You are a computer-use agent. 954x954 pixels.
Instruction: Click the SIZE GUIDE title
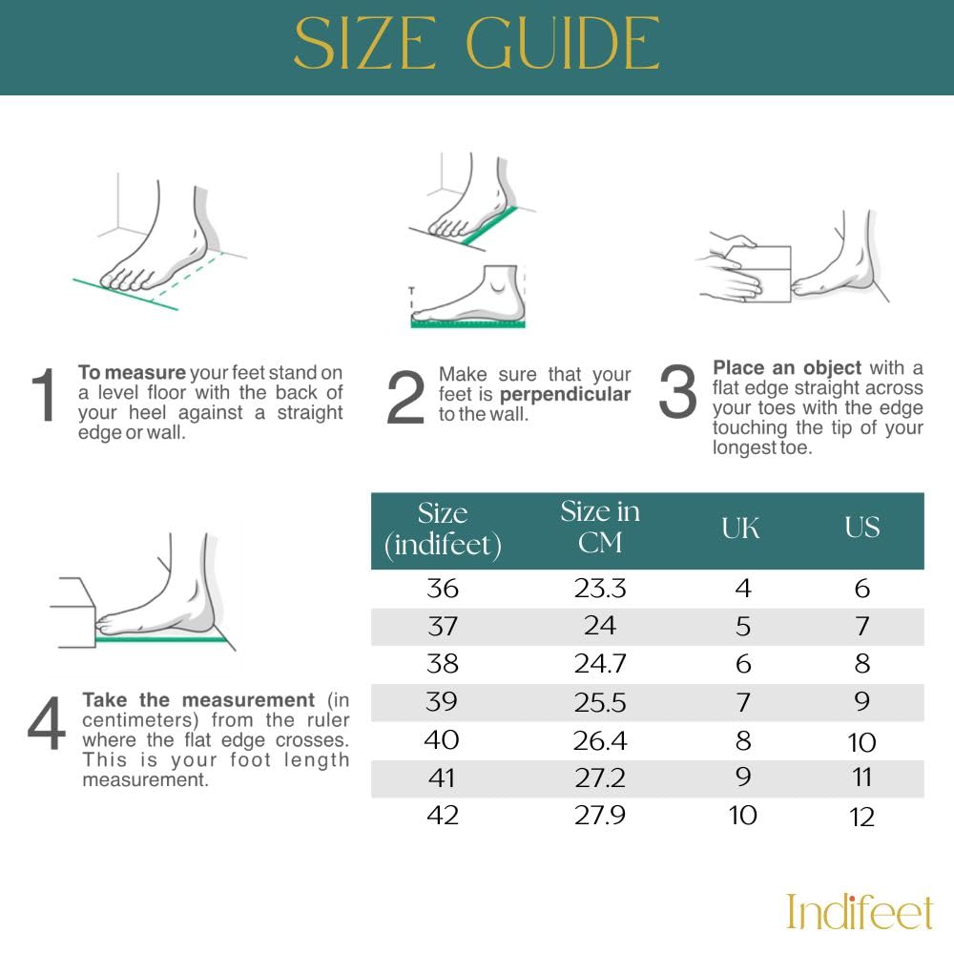[476, 45]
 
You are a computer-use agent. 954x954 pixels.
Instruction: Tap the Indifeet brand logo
[859, 911]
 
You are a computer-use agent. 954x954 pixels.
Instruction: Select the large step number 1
[45, 397]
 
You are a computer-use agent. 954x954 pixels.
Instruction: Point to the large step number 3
[678, 393]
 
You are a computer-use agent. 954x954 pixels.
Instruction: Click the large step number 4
[47, 726]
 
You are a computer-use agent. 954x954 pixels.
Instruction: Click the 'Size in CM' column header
[600, 528]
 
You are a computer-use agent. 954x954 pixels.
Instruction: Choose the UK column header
[741, 529]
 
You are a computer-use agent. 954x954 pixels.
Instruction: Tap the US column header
[861, 529]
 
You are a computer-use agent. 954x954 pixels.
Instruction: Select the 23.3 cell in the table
[600, 589]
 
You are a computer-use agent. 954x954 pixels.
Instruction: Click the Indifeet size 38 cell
[442, 664]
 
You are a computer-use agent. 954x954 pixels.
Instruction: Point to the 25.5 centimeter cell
[600, 703]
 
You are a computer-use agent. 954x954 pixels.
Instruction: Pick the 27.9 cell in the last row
[600, 816]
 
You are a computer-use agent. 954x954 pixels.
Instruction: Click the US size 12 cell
[861, 817]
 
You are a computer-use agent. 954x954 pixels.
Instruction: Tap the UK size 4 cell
[742, 589]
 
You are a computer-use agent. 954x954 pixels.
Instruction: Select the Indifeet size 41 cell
[442, 778]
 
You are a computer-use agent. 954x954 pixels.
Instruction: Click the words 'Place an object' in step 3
[787, 368]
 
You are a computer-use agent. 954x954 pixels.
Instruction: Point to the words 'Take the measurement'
[198, 700]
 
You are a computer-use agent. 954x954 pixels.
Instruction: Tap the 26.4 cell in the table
[600, 740]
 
